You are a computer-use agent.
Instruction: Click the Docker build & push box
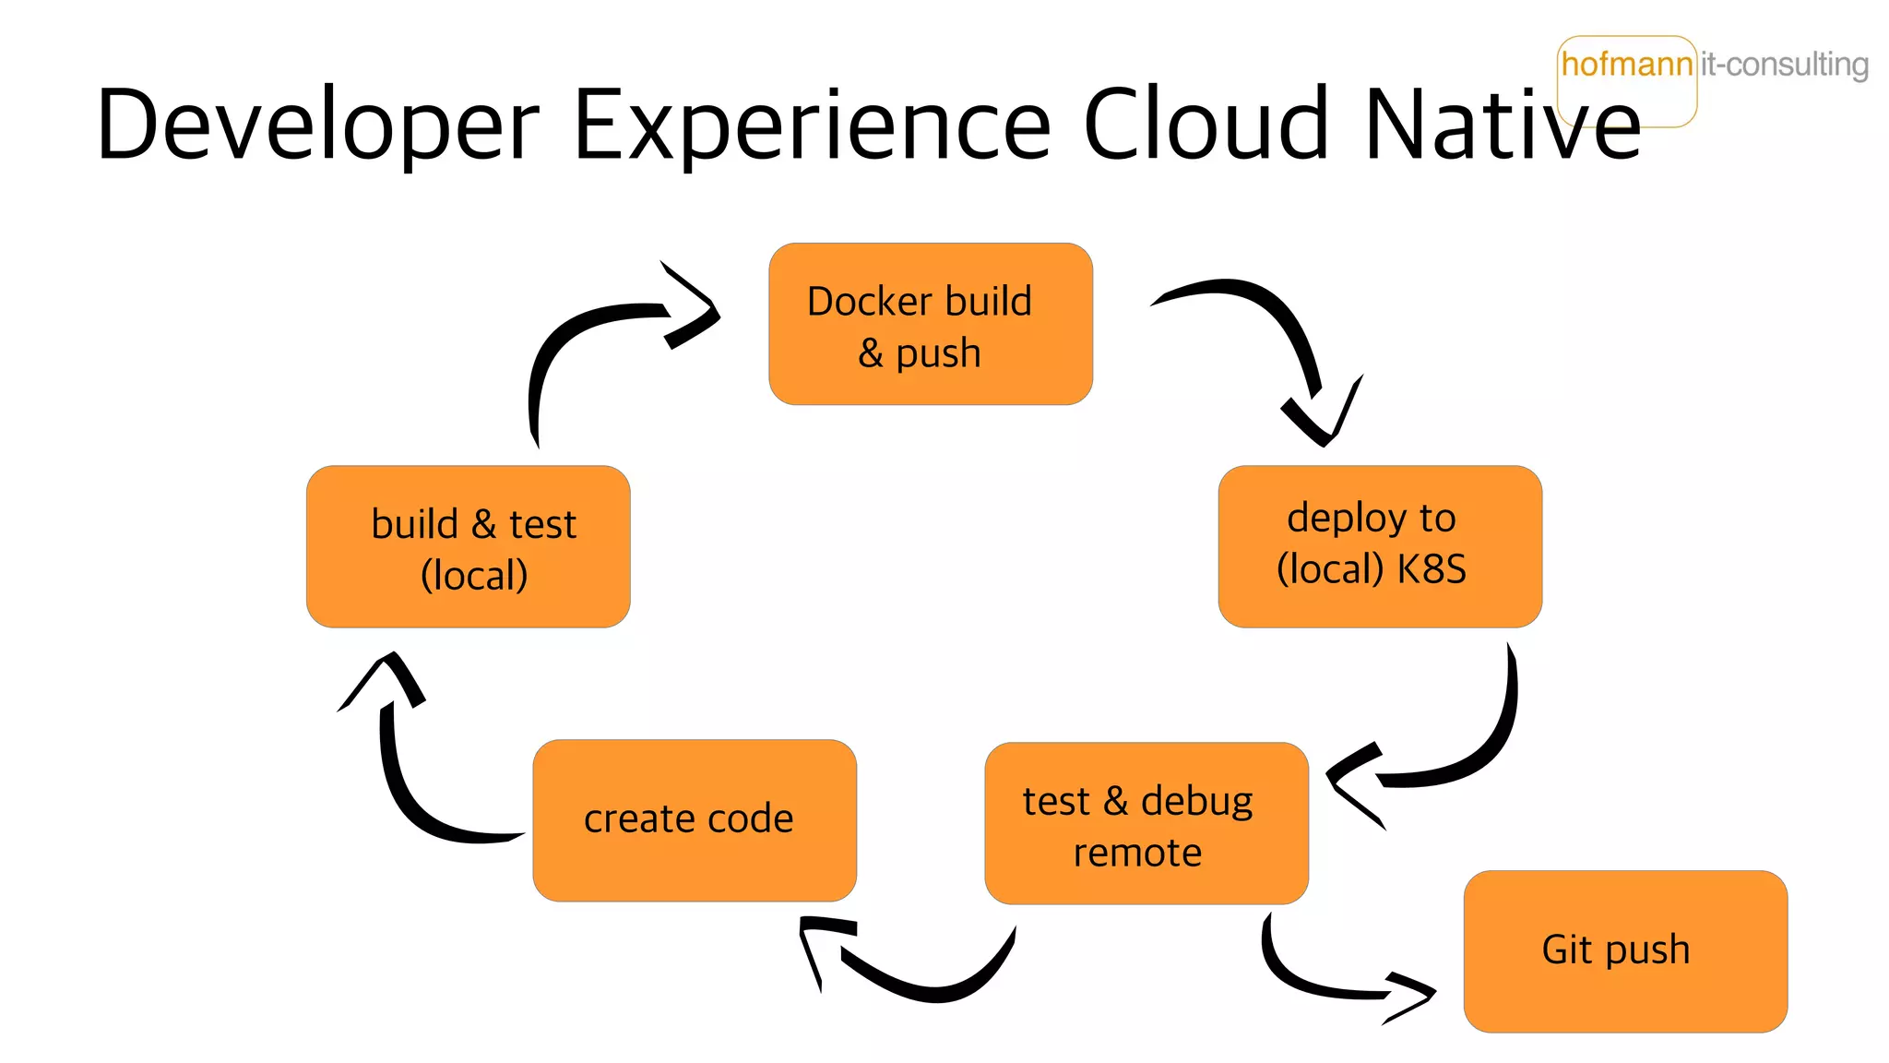click(x=930, y=324)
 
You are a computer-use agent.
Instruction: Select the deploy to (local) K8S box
click(x=1379, y=546)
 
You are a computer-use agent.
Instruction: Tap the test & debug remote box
click(x=1146, y=823)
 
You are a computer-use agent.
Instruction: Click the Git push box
click(x=1624, y=950)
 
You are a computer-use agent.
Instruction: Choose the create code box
click(x=694, y=820)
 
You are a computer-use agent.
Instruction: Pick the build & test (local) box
click(x=468, y=546)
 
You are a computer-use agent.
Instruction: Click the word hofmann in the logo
click(x=1626, y=65)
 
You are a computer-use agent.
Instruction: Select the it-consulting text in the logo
click(x=1784, y=65)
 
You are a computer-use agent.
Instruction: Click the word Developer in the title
click(x=317, y=125)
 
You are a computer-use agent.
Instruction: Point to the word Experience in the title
click(x=812, y=125)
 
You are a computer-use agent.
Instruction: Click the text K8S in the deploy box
click(x=1431, y=569)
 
